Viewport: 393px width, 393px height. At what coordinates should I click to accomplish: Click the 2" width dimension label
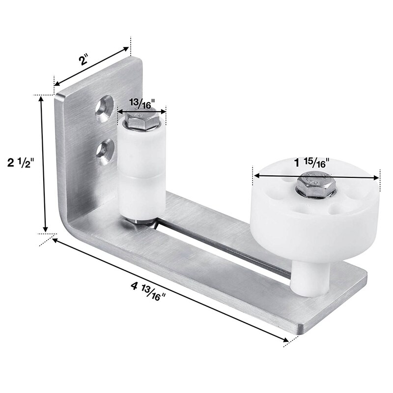click(84, 60)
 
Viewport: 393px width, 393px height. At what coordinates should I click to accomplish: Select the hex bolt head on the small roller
click(143, 120)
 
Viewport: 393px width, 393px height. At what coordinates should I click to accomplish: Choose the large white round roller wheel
click(314, 221)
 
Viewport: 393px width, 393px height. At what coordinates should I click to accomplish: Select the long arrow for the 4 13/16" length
click(169, 290)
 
